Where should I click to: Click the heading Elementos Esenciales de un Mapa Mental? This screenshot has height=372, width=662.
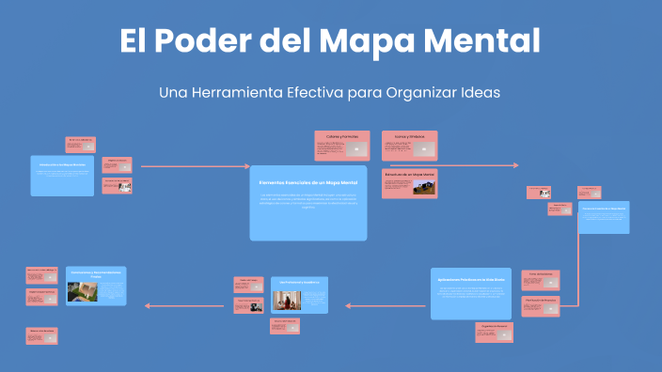coord(308,181)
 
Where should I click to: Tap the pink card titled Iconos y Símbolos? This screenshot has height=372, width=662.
coord(409,146)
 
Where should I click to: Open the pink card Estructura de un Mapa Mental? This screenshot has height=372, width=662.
coord(409,183)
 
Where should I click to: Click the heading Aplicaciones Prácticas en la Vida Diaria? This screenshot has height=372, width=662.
coord(471,280)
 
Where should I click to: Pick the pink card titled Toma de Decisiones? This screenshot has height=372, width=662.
coord(540,280)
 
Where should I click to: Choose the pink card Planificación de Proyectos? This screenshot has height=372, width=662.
coord(540,305)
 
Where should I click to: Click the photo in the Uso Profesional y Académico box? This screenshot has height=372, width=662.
coord(286,300)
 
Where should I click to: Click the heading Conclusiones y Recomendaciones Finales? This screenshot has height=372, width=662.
coord(95,274)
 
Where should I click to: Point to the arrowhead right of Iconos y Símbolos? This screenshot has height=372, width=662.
coord(515,165)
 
